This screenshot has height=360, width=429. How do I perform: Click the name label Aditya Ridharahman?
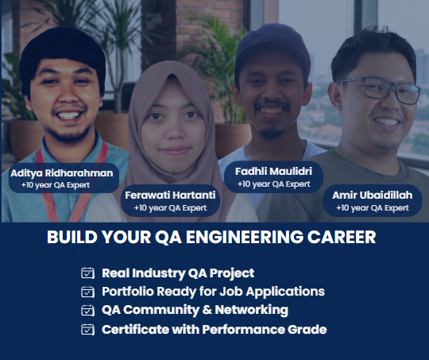pos(62,173)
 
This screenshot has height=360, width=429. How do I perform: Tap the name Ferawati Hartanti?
pos(170,195)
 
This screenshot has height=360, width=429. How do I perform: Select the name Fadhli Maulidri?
pos(273,172)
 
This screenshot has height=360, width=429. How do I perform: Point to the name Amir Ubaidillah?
pos(373,195)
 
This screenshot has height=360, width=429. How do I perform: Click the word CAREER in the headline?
pos(342,237)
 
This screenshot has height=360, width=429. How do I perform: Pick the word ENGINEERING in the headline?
pos(245,237)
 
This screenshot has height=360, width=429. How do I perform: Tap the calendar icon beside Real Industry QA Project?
pos(88,273)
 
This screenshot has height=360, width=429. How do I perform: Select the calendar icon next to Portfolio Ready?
pos(88,292)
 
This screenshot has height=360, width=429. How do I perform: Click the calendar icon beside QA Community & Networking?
pos(88,310)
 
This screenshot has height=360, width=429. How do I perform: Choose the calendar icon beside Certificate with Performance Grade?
pos(88,329)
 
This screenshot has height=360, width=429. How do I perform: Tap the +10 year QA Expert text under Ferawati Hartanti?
pos(170,208)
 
